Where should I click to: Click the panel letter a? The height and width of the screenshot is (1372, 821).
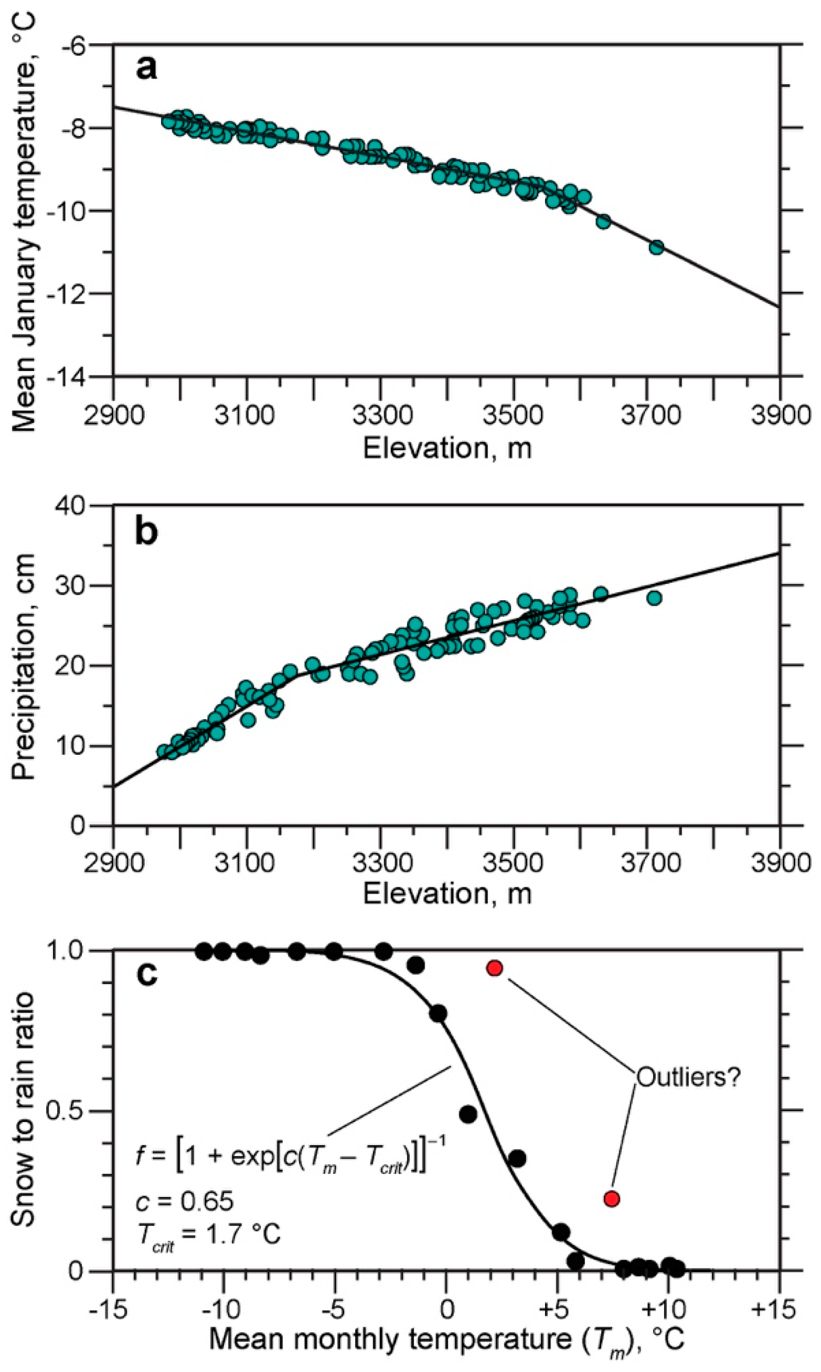147,68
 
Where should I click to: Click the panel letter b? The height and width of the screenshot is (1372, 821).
147,531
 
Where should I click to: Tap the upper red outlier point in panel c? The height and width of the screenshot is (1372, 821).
495,968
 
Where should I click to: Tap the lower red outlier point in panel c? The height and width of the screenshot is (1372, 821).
612,1199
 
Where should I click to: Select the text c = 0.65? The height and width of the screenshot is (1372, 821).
184,1201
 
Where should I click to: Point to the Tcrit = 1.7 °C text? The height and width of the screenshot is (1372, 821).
208,1234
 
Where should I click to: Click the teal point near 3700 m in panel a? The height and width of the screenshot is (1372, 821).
656,247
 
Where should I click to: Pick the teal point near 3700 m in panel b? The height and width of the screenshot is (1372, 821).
654,598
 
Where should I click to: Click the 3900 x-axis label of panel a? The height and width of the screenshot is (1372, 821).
780,415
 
